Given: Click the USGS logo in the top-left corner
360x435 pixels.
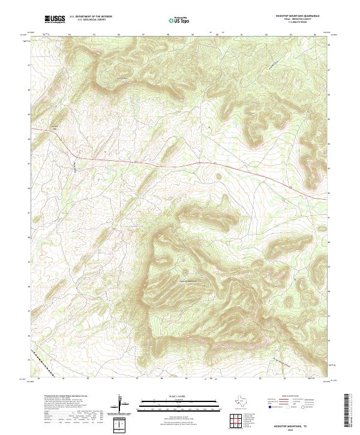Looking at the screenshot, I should tap(55, 19).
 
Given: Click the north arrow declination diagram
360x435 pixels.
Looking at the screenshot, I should tap(122, 404).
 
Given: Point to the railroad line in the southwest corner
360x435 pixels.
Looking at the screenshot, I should tap(45, 365).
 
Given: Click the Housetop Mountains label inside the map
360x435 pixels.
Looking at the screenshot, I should tap(188, 280).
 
